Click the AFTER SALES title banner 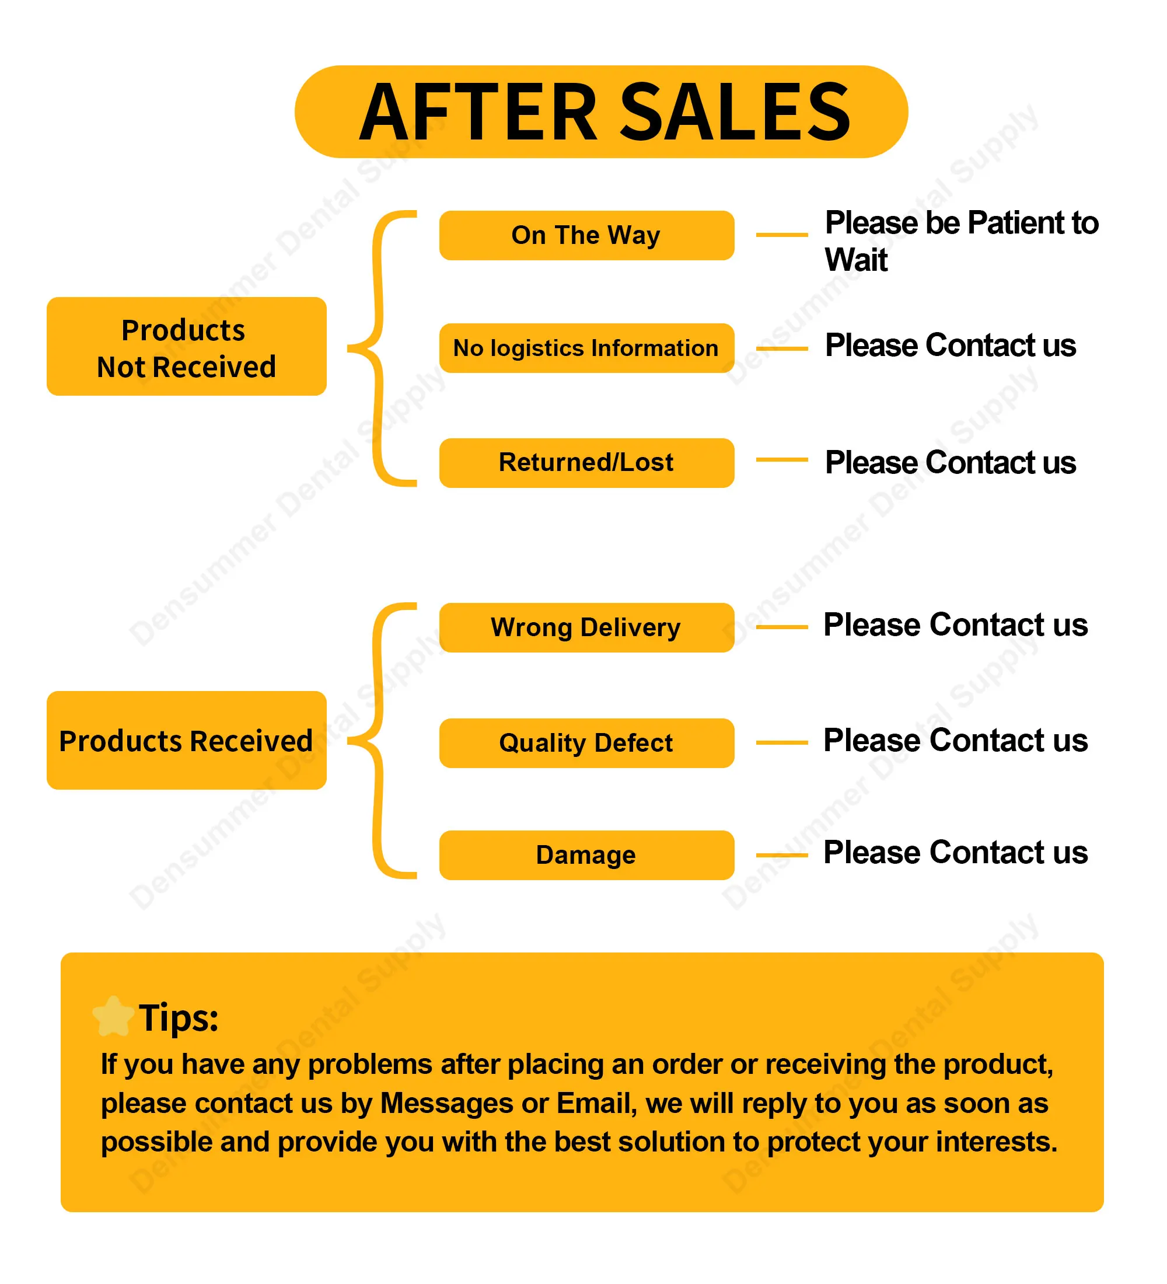(600, 111)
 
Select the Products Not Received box (187, 346)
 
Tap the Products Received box (187, 740)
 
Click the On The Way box (586, 235)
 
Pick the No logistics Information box (586, 348)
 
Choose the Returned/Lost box (586, 462)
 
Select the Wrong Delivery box (586, 627)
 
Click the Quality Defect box (586, 742)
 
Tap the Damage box (586, 854)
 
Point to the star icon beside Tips (113, 1016)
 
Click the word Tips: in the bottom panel (179, 1018)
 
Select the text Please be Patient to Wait (962, 240)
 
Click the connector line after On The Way (782, 235)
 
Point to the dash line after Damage (782, 854)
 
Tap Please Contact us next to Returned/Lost (950, 462)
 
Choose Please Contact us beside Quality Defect (955, 740)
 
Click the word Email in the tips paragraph (596, 1104)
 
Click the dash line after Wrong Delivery (782, 627)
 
